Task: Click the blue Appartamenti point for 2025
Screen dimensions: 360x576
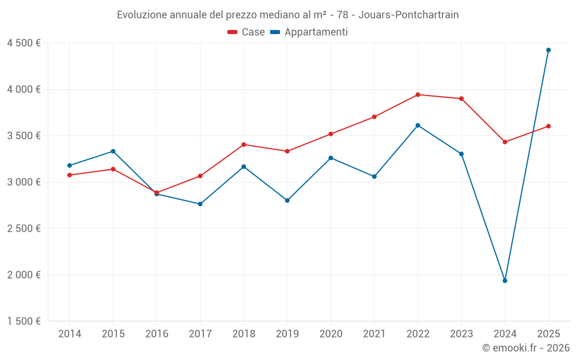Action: click(x=548, y=50)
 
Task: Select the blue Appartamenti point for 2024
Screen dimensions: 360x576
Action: click(x=505, y=281)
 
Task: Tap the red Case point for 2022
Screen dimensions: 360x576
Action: click(x=418, y=94)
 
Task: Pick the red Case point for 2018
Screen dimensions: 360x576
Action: click(x=244, y=145)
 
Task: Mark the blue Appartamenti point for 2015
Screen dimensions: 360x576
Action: click(x=113, y=151)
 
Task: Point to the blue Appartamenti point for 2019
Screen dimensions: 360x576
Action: click(x=287, y=200)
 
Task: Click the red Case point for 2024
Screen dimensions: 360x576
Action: click(x=505, y=142)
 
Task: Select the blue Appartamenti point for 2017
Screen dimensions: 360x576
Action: click(x=200, y=204)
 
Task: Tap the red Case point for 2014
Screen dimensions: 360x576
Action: click(x=70, y=175)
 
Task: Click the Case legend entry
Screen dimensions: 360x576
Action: click(x=247, y=32)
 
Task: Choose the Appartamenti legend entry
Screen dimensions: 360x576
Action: click(x=309, y=32)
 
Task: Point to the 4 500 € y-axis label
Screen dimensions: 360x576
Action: click(x=24, y=43)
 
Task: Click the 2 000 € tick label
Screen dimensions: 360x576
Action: click(x=24, y=275)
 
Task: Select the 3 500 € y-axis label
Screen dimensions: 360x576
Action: click(x=24, y=136)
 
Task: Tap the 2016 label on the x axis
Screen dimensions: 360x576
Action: click(x=157, y=334)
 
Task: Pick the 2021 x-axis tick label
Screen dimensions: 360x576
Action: click(x=374, y=334)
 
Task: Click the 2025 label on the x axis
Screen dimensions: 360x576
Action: click(x=548, y=334)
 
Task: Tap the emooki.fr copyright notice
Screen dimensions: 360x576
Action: click(x=525, y=348)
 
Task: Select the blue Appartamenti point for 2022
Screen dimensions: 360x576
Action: click(x=418, y=125)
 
